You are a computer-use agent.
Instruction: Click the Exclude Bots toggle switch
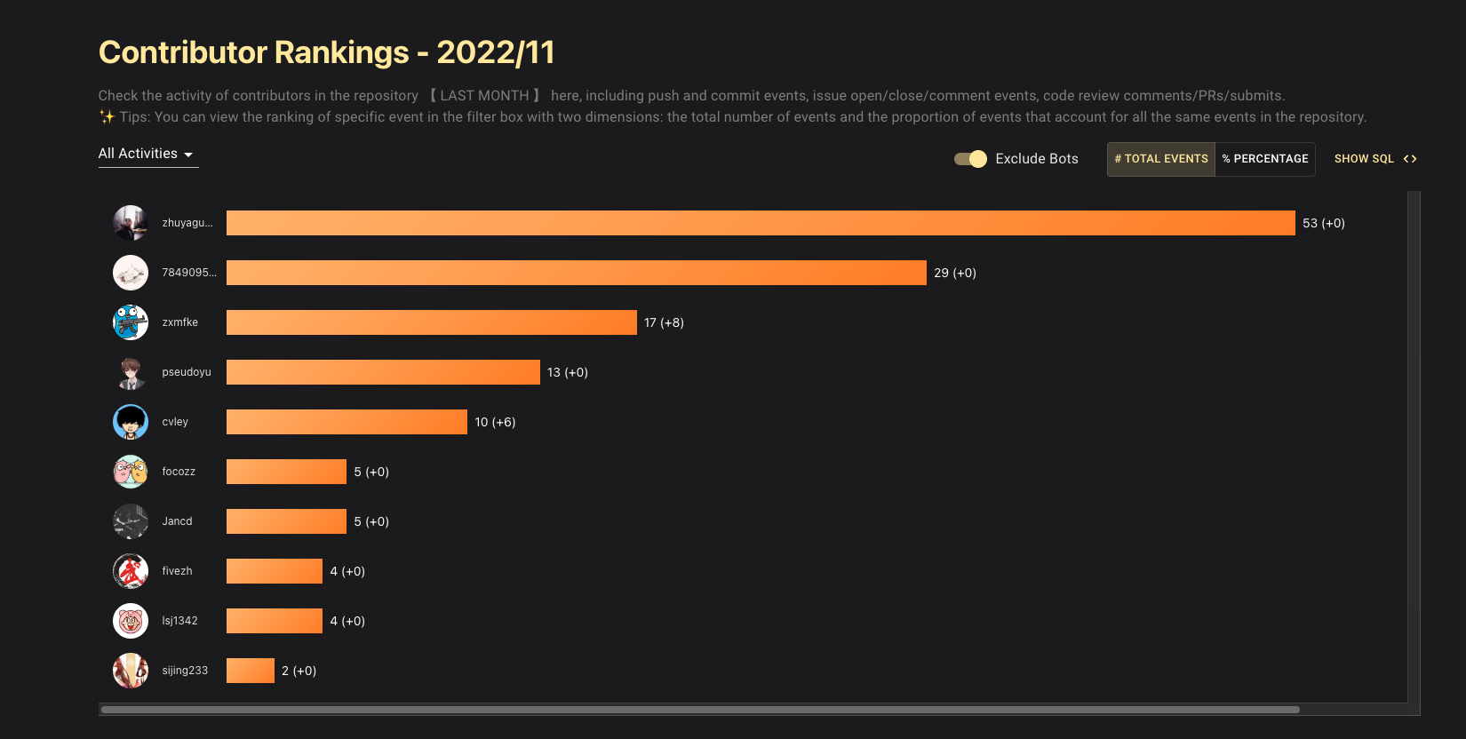[970, 159]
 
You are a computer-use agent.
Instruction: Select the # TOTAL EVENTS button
[1160, 159]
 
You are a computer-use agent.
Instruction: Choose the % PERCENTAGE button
[1264, 159]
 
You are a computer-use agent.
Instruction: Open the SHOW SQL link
[1374, 159]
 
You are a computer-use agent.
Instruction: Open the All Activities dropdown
[147, 155]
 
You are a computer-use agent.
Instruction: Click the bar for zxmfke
[431, 322]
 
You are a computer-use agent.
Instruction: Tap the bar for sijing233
[250, 671]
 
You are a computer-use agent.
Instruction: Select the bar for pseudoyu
[383, 372]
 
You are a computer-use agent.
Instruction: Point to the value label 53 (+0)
[1323, 224]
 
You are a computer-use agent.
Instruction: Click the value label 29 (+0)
[954, 274]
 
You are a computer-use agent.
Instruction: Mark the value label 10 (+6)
[495, 423]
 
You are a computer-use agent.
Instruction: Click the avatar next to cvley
[131, 422]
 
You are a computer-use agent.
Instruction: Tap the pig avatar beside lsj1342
[131, 621]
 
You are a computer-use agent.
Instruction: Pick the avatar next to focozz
[131, 472]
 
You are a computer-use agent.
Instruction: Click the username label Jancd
[177, 521]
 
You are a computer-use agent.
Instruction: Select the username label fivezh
[177, 571]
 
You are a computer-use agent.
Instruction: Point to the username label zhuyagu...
[187, 223]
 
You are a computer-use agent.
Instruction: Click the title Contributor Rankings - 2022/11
[326, 52]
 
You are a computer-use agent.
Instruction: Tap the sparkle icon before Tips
[107, 117]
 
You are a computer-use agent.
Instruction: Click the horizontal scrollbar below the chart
[700, 710]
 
